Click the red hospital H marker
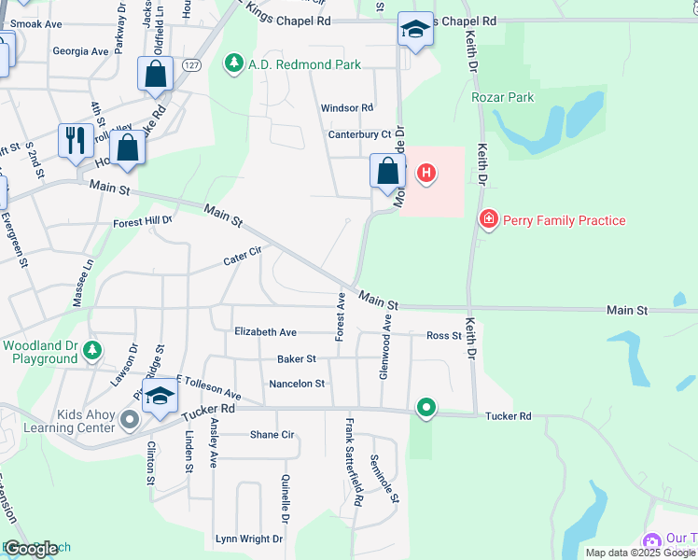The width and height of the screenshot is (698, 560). (426, 173)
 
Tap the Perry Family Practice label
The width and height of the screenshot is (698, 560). (564, 220)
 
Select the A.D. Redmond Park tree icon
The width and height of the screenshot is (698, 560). (232, 64)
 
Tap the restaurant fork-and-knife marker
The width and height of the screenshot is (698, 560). (74, 140)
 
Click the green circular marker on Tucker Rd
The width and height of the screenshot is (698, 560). (426, 407)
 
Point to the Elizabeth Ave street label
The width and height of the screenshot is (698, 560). (265, 332)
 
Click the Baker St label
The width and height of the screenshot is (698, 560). (297, 358)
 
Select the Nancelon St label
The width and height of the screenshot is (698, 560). (297, 384)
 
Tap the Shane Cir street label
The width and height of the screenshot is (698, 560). (272, 435)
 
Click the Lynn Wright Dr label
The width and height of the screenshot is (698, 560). (248, 539)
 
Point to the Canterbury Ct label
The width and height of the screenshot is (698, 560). (359, 134)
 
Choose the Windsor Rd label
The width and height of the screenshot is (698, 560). (347, 108)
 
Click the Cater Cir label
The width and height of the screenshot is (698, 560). (242, 256)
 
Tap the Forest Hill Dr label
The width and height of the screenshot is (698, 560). (143, 222)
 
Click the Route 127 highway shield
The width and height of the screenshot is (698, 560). (191, 64)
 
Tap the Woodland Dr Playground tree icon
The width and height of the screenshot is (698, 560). (91, 351)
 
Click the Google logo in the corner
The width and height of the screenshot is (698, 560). (31, 549)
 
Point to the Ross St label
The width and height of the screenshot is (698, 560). (443, 336)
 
